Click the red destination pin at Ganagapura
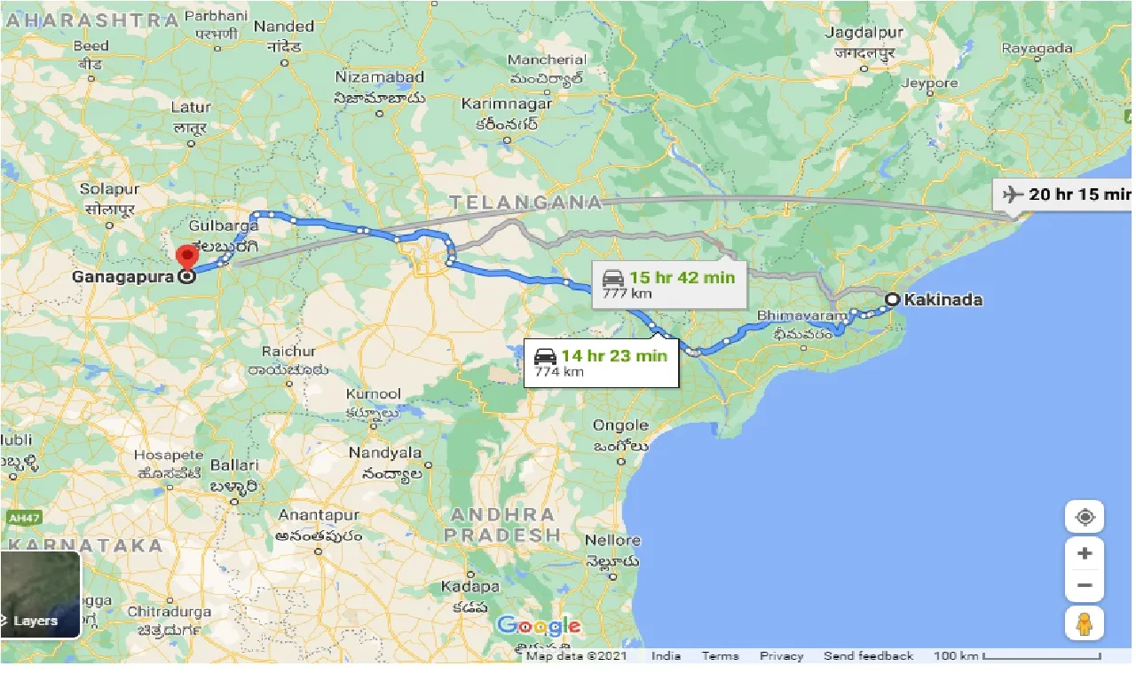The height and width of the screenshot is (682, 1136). (x=186, y=258)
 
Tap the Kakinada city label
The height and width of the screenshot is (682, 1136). (x=943, y=300)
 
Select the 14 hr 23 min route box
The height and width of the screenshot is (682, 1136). (x=601, y=363)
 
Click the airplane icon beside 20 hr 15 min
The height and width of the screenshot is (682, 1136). (x=1011, y=194)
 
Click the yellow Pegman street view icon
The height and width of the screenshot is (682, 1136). (x=1084, y=623)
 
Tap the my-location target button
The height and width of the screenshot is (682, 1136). (x=1084, y=517)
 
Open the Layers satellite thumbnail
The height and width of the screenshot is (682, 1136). (x=40, y=595)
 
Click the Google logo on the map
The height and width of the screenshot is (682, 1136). (x=539, y=626)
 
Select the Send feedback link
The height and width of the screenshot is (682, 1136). (x=868, y=656)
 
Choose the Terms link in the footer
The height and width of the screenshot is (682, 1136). (x=720, y=656)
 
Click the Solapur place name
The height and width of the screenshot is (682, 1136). (x=109, y=189)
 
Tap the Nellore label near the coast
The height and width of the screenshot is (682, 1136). (x=612, y=540)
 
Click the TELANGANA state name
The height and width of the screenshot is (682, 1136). (x=525, y=202)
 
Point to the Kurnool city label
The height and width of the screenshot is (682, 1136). (x=375, y=393)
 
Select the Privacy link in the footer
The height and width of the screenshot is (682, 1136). (x=781, y=656)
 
